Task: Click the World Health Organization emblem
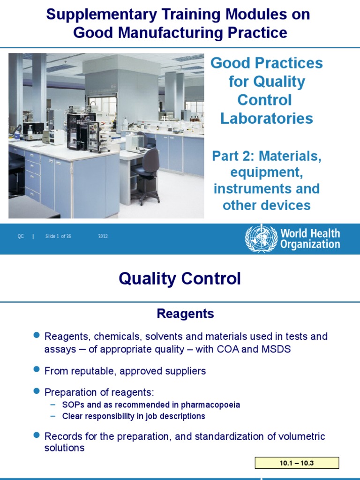pos(261,238)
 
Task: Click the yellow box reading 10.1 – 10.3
pos(297,463)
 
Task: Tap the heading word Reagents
pos(185,314)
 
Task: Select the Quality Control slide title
pos(180,279)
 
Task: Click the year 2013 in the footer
pos(103,236)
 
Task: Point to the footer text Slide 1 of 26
pos(58,236)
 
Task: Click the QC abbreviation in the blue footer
pos(21,236)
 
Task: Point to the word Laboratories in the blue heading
pos(267,118)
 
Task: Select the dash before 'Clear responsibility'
pos(52,416)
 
